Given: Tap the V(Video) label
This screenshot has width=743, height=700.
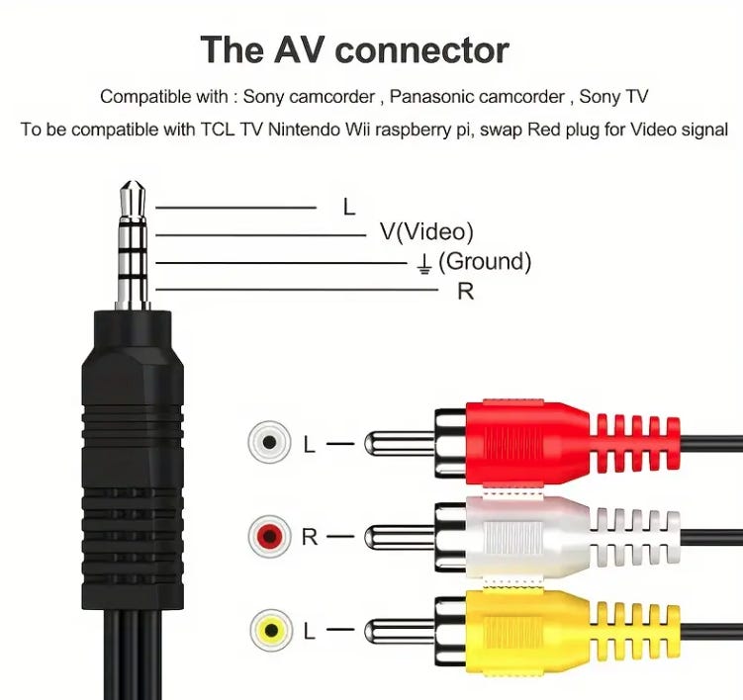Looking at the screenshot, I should point(426,232).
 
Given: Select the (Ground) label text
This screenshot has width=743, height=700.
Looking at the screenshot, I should point(484,261).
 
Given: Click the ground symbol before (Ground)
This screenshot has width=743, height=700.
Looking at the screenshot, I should point(423,262).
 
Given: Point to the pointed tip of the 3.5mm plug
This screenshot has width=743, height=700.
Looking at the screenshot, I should point(132,185).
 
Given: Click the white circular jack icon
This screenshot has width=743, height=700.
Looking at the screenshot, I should point(269,442).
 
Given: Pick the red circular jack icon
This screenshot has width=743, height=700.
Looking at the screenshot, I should point(269,537).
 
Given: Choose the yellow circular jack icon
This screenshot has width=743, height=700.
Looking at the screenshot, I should point(269,629).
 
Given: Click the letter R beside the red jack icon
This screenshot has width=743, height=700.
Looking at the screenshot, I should point(310,537).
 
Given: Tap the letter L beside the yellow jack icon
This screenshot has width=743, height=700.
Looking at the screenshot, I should point(310,629).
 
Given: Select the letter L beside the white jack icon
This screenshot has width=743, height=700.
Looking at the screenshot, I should point(310,444).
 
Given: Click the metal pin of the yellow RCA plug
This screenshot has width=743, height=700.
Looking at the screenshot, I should point(396,629).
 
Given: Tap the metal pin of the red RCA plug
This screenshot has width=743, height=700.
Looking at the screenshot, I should point(396,443).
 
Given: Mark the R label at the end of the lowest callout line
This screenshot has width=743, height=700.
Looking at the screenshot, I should point(465,292).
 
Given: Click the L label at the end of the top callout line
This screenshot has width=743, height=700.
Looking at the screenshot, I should point(348,208).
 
